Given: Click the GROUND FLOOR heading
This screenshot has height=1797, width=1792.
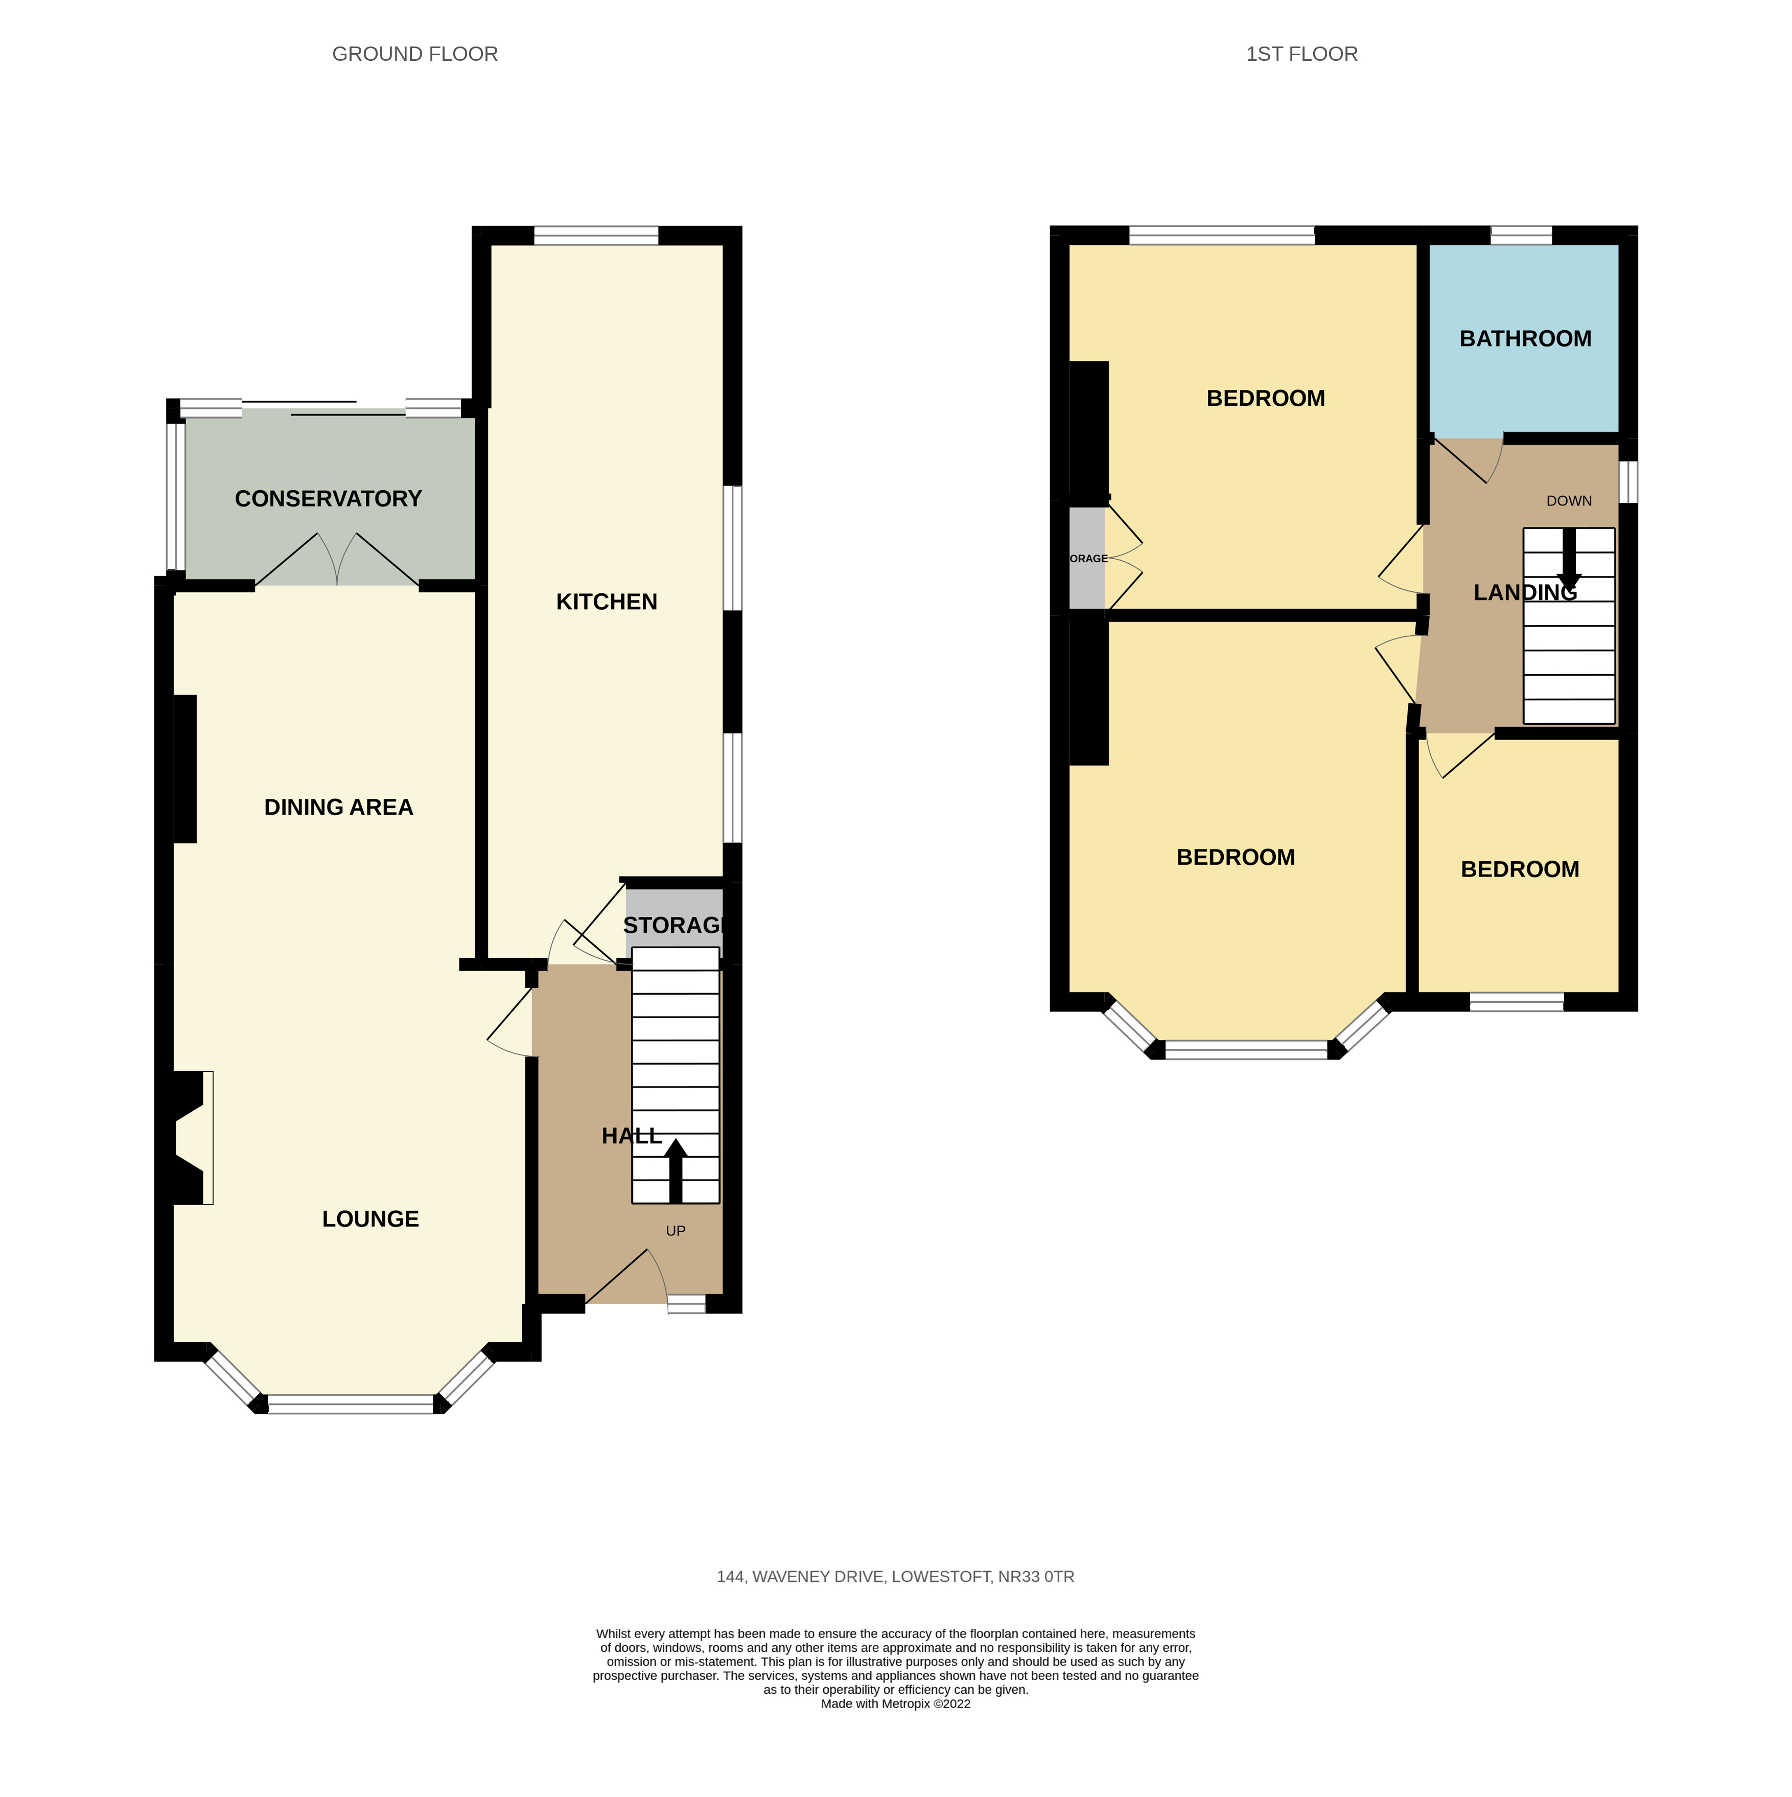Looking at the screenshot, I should [x=415, y=54].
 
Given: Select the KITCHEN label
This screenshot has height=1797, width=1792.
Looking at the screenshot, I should [x=607, y=602].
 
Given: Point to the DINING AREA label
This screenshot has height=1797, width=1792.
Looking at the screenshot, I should [x=338, y=808].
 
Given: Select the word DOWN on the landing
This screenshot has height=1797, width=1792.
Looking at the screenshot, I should [x=1569, y=500].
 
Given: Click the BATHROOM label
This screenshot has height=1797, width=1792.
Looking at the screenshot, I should [x=1525, y=338].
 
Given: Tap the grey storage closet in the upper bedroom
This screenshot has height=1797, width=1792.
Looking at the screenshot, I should [x=1086, y=558].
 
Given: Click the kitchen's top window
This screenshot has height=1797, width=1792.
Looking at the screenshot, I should [x=596, y=235].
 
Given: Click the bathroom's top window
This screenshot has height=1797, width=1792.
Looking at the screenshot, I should [x=1521, y=235].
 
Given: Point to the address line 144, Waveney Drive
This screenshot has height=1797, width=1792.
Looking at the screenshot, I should [x=895, y=1577].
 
